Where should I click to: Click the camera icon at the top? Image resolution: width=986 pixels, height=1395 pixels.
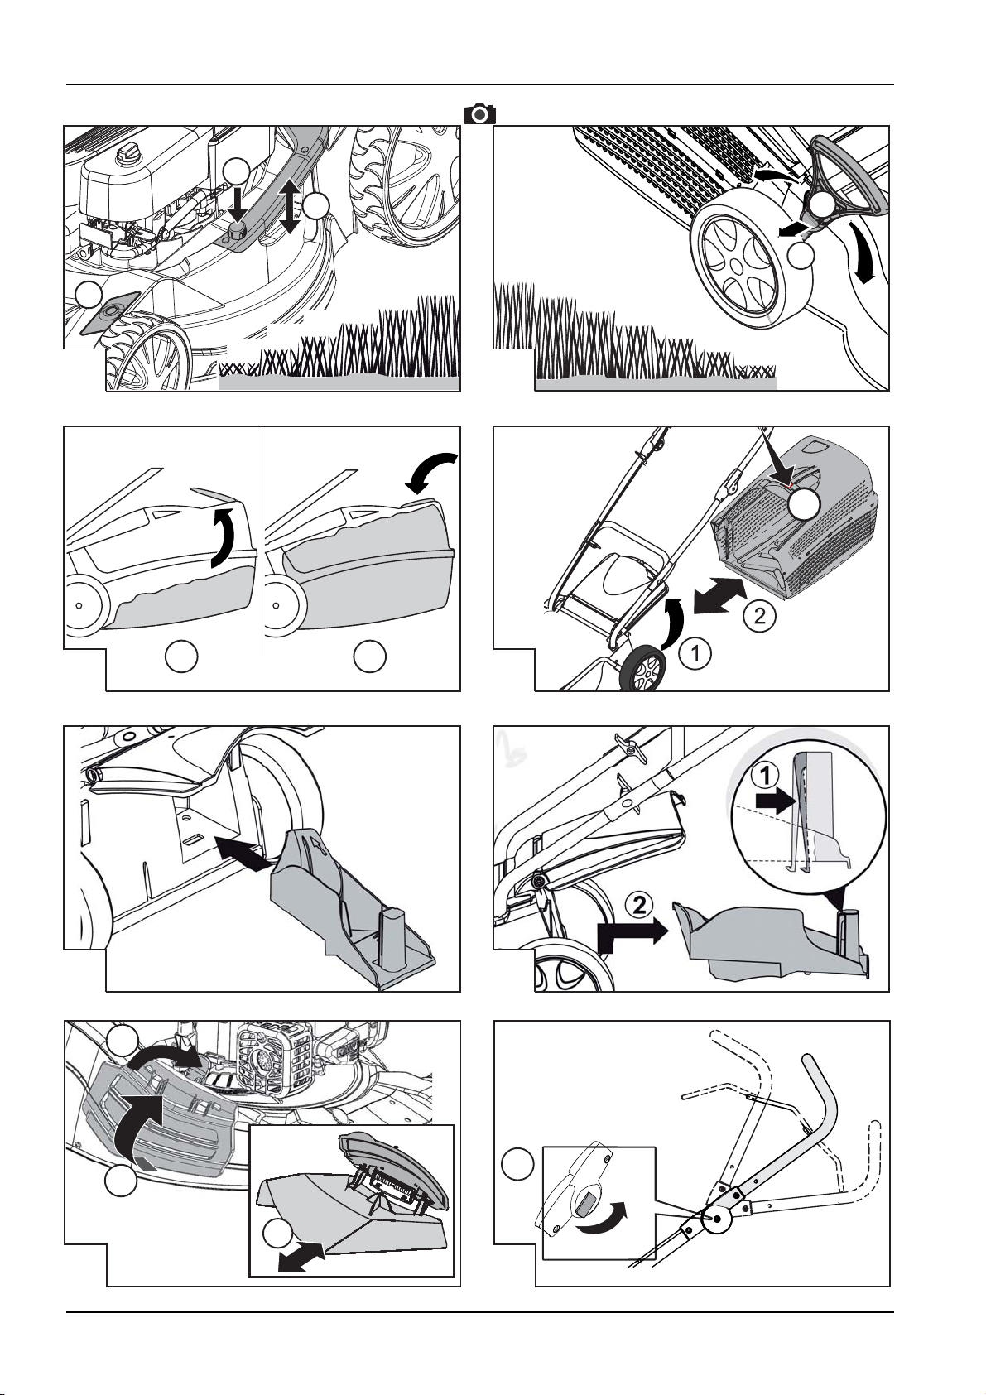(479, 114)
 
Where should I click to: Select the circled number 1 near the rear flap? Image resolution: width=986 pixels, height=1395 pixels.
(695, 653)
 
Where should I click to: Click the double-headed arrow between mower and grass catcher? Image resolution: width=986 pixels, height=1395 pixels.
(719, 595)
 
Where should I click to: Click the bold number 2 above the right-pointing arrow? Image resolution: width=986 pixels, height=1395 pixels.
(639, 904)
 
